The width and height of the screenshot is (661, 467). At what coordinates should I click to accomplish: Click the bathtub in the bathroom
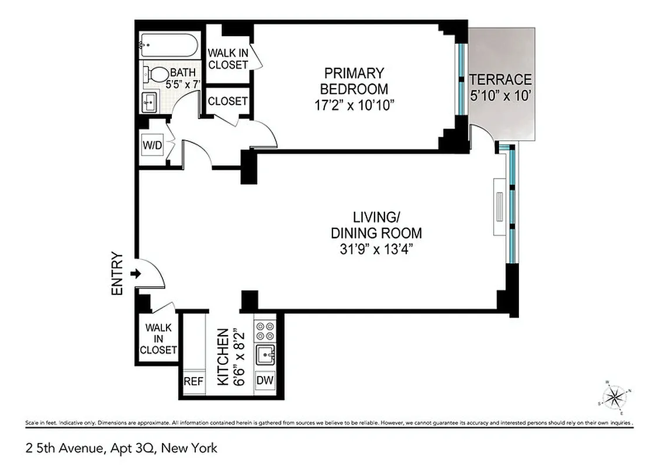tap(169, 45)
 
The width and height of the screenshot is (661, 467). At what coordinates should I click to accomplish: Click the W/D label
tap(152, 145)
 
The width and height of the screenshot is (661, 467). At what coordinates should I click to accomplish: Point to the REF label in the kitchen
tap(193, 382)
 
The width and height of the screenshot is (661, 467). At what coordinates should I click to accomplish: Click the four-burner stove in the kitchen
tap(265, 331)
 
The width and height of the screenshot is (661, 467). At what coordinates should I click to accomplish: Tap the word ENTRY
tap(117, 273)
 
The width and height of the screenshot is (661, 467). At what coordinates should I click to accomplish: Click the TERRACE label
tap(501, 79)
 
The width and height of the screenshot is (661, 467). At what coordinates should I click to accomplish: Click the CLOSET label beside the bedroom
tap(228, 101)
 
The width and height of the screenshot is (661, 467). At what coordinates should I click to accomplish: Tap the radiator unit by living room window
tap(499, 207)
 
